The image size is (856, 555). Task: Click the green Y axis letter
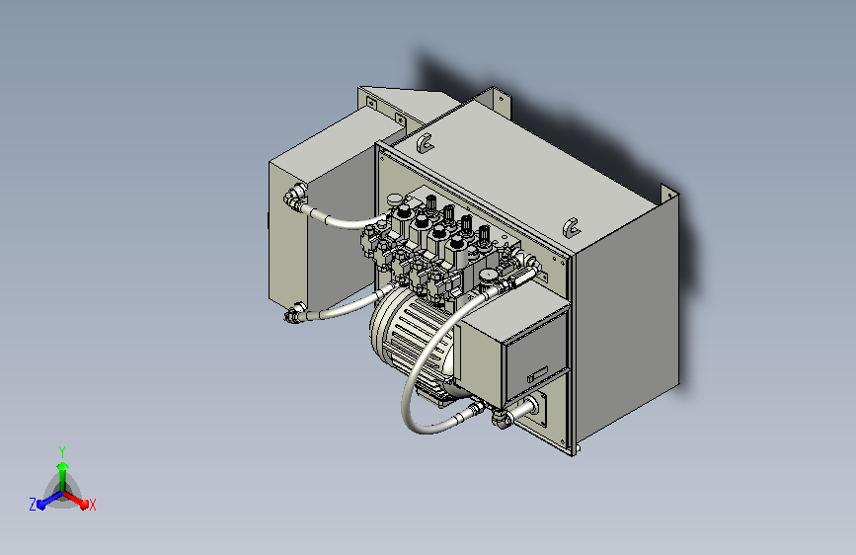click(x=61, y=451)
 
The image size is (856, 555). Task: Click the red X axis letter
click(x=93, y=505)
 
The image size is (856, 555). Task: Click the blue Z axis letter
click(x=33, y=504)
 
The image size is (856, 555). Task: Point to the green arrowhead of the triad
click(x=61, y=466)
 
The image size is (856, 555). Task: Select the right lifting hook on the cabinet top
click(x=571, y=225)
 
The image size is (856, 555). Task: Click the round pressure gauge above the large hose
click(x=489, y=275)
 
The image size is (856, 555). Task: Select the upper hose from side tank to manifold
click(x=346, y=221)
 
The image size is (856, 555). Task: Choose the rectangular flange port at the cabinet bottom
click(x=538, y=407)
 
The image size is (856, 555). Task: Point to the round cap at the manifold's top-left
click(x=395, y=201)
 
